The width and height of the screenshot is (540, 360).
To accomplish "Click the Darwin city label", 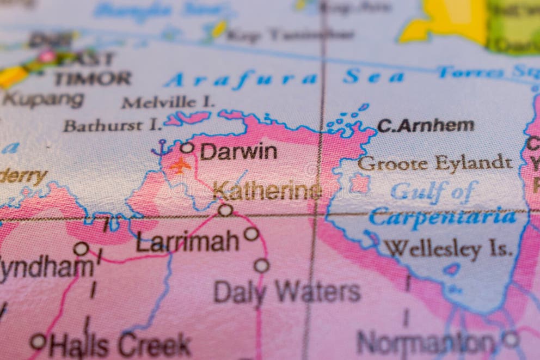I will click(238, 151).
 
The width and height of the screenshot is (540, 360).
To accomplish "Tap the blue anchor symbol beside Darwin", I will click(161, 148).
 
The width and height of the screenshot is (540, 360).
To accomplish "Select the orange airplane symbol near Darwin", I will click(180, 164).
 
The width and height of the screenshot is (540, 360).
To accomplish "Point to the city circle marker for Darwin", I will click(187, 147).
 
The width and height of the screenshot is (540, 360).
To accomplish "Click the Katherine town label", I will click(267, 191).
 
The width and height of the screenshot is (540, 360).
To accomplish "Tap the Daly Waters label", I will click(287, 292).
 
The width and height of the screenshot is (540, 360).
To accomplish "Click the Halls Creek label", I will click(120, 344).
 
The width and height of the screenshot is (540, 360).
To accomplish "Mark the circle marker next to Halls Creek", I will click(38, 341).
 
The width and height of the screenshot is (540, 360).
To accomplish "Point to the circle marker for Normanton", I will click(510, 339).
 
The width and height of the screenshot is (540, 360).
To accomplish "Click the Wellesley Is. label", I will click(449, 249).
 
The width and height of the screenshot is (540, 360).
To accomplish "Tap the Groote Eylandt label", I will click(434, 163).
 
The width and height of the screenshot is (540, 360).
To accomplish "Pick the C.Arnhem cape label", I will click(425, 126).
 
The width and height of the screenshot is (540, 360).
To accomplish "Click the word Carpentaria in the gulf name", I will click(442, 217).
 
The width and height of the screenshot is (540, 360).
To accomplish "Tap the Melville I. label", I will click(168, 102).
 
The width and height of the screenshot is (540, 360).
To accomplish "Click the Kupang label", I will click(44, 100).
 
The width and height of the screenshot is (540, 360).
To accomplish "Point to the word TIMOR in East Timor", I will click(93, 78).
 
